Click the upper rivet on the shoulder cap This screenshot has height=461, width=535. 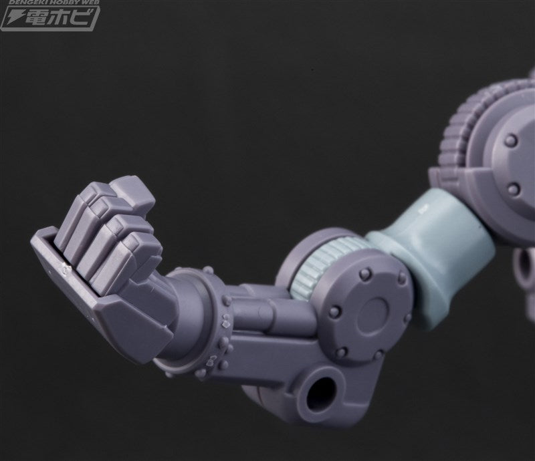(x=512, y=139)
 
